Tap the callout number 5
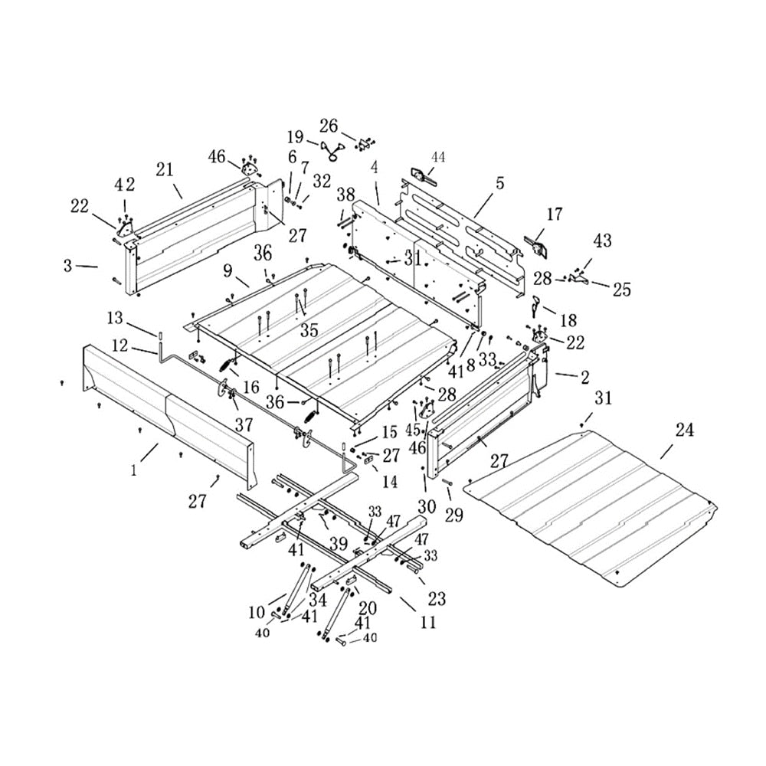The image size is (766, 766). coord(499,183)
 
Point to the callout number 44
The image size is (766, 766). coord(437,156)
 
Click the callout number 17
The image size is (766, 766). coord(555,214)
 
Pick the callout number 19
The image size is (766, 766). coord(296,137)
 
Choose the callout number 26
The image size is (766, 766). coord(329,125)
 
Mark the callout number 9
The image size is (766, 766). coord(228,270)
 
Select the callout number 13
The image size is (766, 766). coord(114,317)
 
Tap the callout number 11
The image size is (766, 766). coord(428,623)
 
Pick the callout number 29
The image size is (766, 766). coord(454,516)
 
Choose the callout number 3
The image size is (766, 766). coord(69,265)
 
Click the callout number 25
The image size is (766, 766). coord(621,289)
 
